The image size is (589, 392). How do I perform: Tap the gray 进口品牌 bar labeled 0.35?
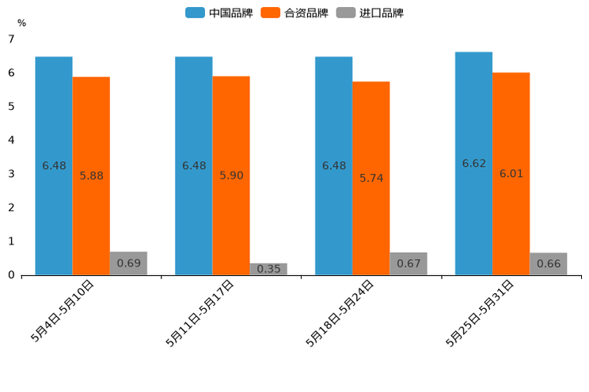click(268, 269)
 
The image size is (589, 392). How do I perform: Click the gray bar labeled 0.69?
click(128, 263)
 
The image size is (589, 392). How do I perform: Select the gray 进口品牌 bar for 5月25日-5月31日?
click(548, 264)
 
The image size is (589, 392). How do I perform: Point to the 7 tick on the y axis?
click(11, 39)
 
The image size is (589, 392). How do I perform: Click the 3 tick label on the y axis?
click(11, 174)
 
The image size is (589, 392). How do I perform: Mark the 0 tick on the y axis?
click(11, 275)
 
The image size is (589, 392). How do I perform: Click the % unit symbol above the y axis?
click(21, 23)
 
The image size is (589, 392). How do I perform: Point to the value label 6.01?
click(511, 174)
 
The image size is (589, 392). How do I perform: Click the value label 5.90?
click(231, 175)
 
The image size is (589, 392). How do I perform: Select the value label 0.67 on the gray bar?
click(408, 263)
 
